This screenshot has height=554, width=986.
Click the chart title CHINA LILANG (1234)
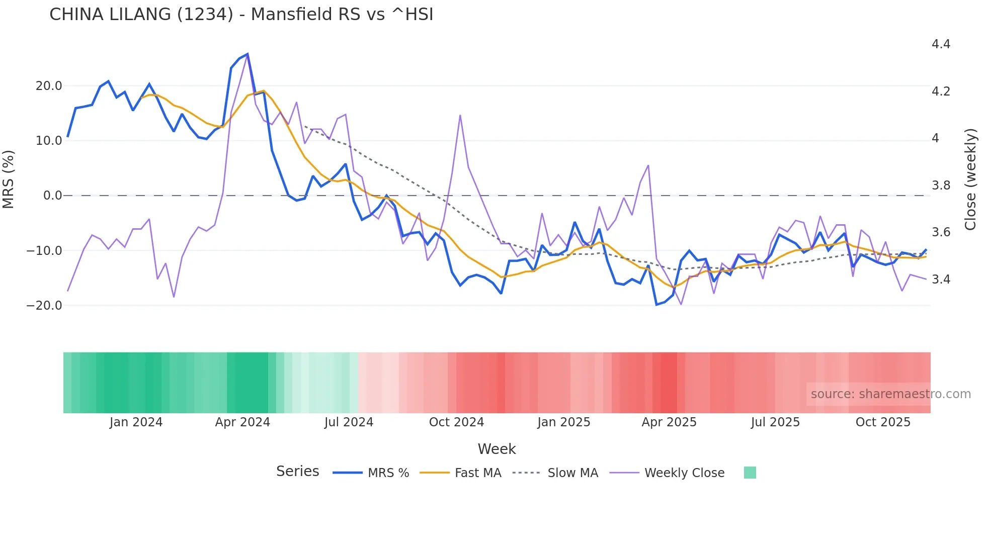pyautogui.click(x=241, y=15)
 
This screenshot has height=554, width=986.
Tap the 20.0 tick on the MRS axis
pyautogui.click(x=49, y=86)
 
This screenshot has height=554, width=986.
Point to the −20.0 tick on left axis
pyautogui.click(x=44, y=306)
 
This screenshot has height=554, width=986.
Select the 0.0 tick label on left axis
pyautogui.click(x=53, y=196)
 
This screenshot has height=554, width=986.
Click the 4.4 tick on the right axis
pyautogui.click(x=941, y=44)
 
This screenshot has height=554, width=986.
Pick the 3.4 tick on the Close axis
pyautogui.click(x=941, y=280)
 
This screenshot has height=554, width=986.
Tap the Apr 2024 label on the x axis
pyautogui.click(x=242, y=422)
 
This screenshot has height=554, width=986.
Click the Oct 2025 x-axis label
pyautogui.click(x=883, y=422)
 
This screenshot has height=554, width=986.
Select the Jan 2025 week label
pyautogui.click(x=563, y=422)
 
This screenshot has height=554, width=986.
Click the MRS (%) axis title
pyautogui.click(x=9, y=179)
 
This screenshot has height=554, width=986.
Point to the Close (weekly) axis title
pyautogui.click(x=970, y=179)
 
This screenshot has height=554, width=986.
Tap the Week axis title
pyautogui.click(x=497, y=449)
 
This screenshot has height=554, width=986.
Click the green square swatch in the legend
pyautogui.click(x=750, y=473)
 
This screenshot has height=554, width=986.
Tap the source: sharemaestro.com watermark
pyautogui.click(x=890, y=394)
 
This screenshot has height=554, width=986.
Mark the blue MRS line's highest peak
pyautogui.click(x=248, y=54)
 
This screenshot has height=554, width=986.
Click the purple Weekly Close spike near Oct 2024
pyautogui.click(x=460, y=116)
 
